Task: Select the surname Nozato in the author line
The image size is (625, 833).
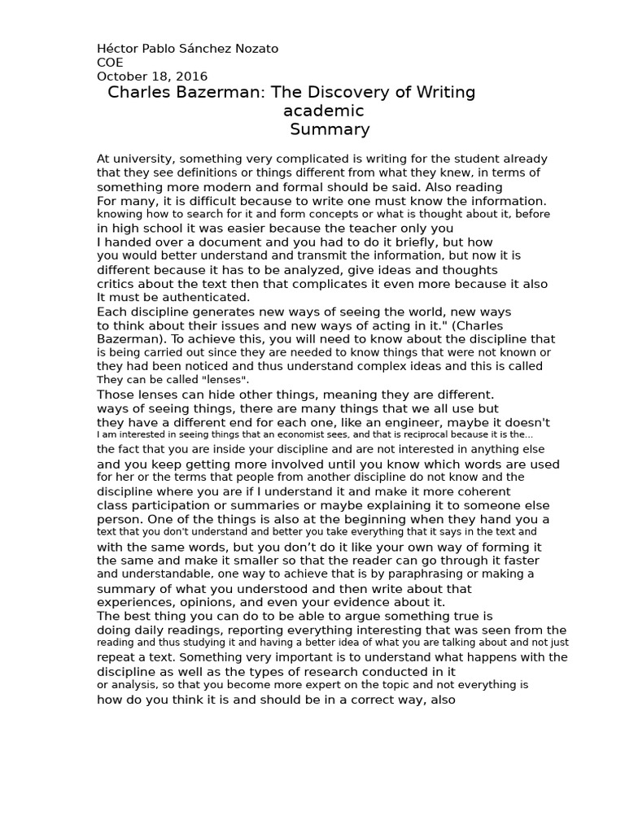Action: click(254, 49)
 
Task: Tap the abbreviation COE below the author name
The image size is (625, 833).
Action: click(111, 63)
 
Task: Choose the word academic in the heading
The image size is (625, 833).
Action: click(323, 111)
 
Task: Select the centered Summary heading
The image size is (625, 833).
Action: click(330, 129)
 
